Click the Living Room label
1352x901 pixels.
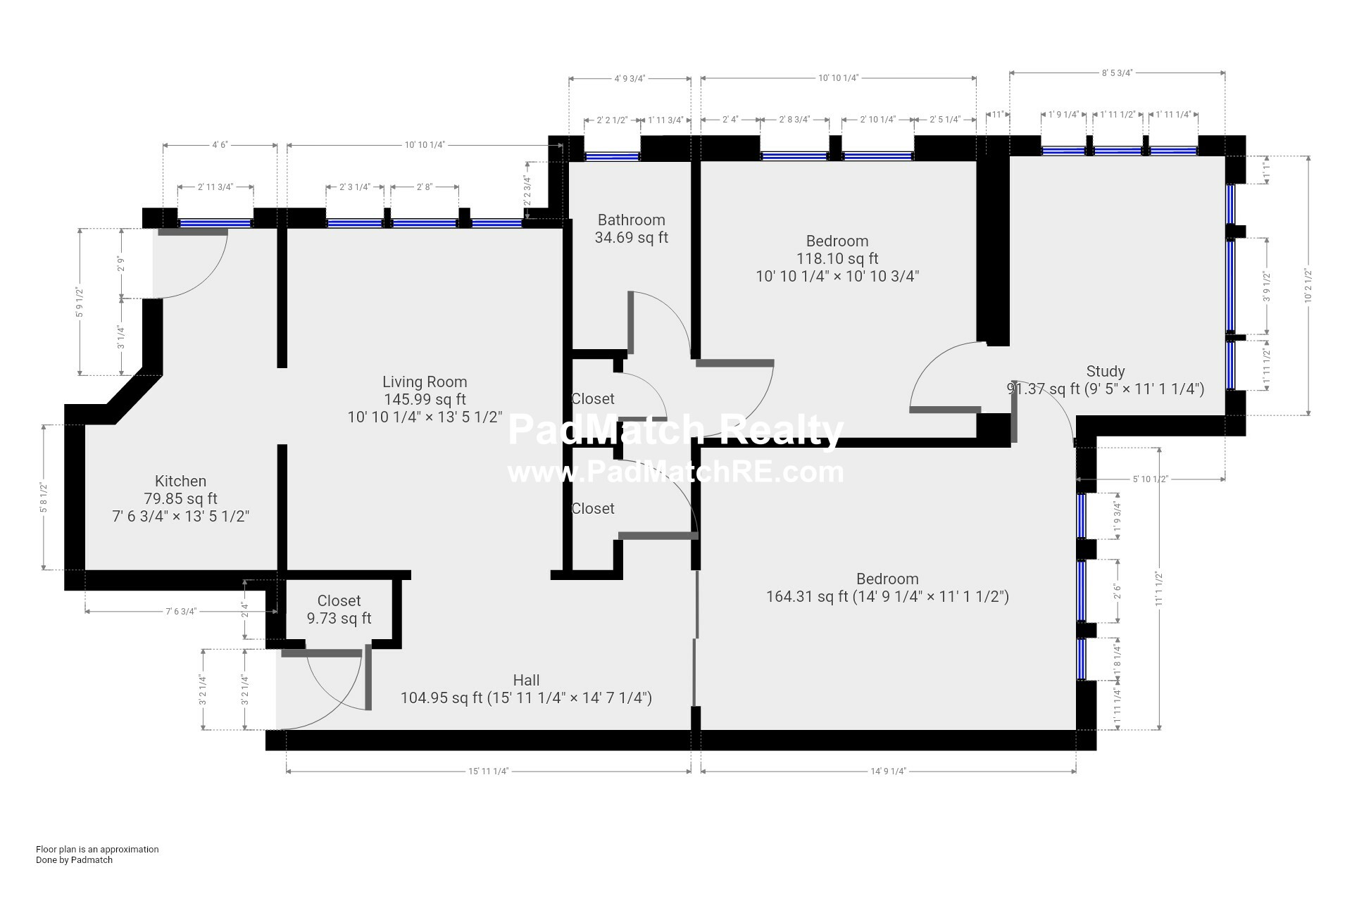pos(425,382)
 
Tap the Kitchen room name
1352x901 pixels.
pos(180,481)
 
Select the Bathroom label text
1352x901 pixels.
pos(632,220)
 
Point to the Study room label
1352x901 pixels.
pos(1106,372)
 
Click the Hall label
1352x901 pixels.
pos(526,680)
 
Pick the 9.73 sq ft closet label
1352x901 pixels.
pos(339,619)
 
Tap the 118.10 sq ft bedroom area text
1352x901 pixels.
pos(837,259)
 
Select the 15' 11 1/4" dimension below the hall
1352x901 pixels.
pos(488,771)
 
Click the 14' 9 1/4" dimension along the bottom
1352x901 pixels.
pos(888,771)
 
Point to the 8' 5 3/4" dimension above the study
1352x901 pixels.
pos(1117,73)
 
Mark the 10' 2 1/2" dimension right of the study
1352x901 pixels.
pos(1308,286)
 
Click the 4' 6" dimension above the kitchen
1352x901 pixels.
pos(220,145)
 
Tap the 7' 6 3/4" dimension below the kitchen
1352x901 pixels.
pos(181,612)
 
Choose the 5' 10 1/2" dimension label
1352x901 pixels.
pos(1150,479)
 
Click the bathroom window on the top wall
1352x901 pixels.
pos(612,156)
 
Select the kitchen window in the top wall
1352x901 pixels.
pos(215,224)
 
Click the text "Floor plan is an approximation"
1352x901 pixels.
pos(97,850)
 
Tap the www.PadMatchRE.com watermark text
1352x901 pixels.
pos(675,472)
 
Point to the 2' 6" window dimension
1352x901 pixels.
pos(1117,591)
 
